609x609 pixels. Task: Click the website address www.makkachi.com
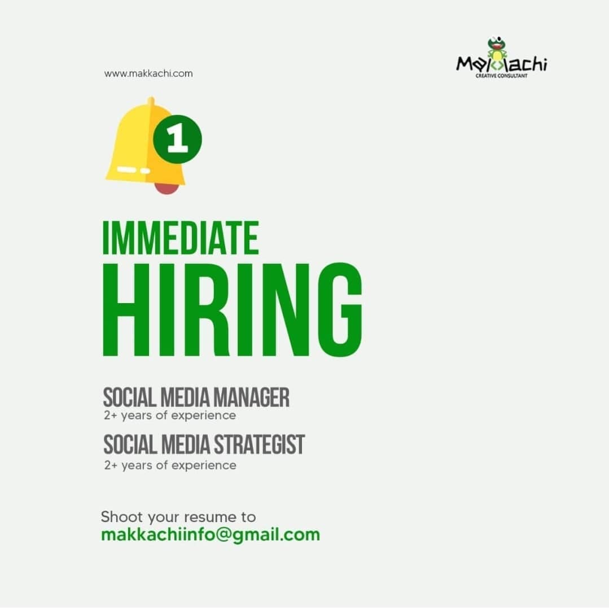(x=148, y=73)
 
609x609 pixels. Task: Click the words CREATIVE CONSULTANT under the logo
(x=501, y=76)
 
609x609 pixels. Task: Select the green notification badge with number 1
(x=177, y=139)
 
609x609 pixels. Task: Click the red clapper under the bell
(x=167, y=188)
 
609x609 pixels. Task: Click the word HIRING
(x=233, y=309)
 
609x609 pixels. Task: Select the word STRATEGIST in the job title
(x=260, y=444)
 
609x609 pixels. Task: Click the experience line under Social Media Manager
(x=170, y=415)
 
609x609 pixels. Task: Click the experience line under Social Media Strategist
(x=170, y=465)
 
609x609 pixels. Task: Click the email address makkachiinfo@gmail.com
(x=211, y=535)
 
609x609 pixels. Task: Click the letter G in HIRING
(x=340, y=309)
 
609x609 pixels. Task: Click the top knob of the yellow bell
(x=151, y=101)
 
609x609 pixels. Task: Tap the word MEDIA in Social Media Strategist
(x=186, y=444)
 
